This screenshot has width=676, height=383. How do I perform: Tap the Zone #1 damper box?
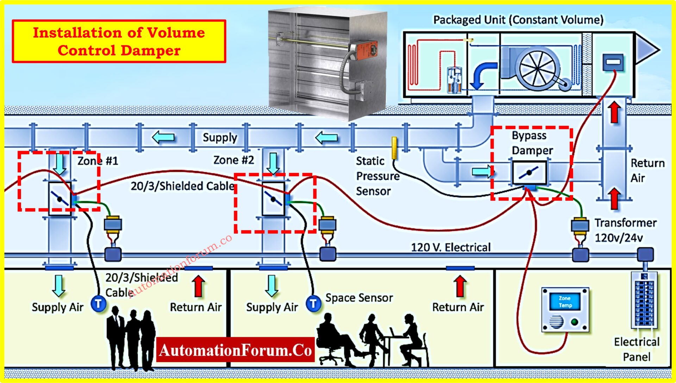(x=60, y=198)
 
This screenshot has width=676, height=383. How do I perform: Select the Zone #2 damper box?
(x=273, y=198)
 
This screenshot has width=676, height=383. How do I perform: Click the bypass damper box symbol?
(x=529, y=173)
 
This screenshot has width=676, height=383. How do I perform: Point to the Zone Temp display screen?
(x=565, y=302)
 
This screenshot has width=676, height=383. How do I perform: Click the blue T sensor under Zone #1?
(x=99, y=303)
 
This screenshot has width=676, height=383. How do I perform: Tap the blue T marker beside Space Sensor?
(x=313, y=303)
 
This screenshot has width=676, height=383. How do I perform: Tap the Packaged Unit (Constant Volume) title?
(x=518, y=20)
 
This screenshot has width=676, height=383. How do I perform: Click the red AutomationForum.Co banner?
(x=235, y=350)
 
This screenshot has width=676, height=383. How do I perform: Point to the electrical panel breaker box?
(x=644, y=300)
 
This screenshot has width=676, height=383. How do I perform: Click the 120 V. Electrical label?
(x=450, y=247)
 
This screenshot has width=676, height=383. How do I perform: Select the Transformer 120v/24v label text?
(x=625, y=230)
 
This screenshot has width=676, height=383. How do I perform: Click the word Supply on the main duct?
(x=220, y=137)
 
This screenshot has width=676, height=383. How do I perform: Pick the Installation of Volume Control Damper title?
(x=119, y=41)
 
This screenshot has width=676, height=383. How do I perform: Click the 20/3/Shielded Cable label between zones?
(x=182, y=186)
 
